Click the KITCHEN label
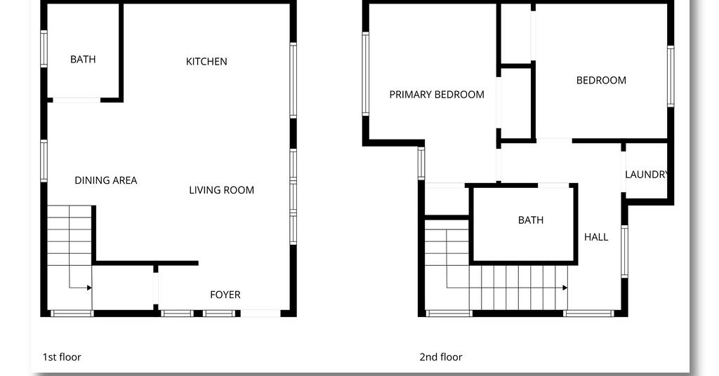206,61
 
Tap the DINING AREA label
106,180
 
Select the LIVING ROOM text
221,190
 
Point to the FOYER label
225,295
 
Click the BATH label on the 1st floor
83,59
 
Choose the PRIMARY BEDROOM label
437,95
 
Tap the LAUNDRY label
647,175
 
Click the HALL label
596,237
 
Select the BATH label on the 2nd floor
531,220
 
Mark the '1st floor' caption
62,357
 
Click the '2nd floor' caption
441,357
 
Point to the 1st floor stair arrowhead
89,288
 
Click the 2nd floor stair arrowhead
565,288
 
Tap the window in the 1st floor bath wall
44,48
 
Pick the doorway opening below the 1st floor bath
77,100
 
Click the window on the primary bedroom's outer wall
365,74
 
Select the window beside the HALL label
624,251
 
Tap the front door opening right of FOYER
260,314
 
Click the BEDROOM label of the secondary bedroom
601,81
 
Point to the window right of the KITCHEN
293,81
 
